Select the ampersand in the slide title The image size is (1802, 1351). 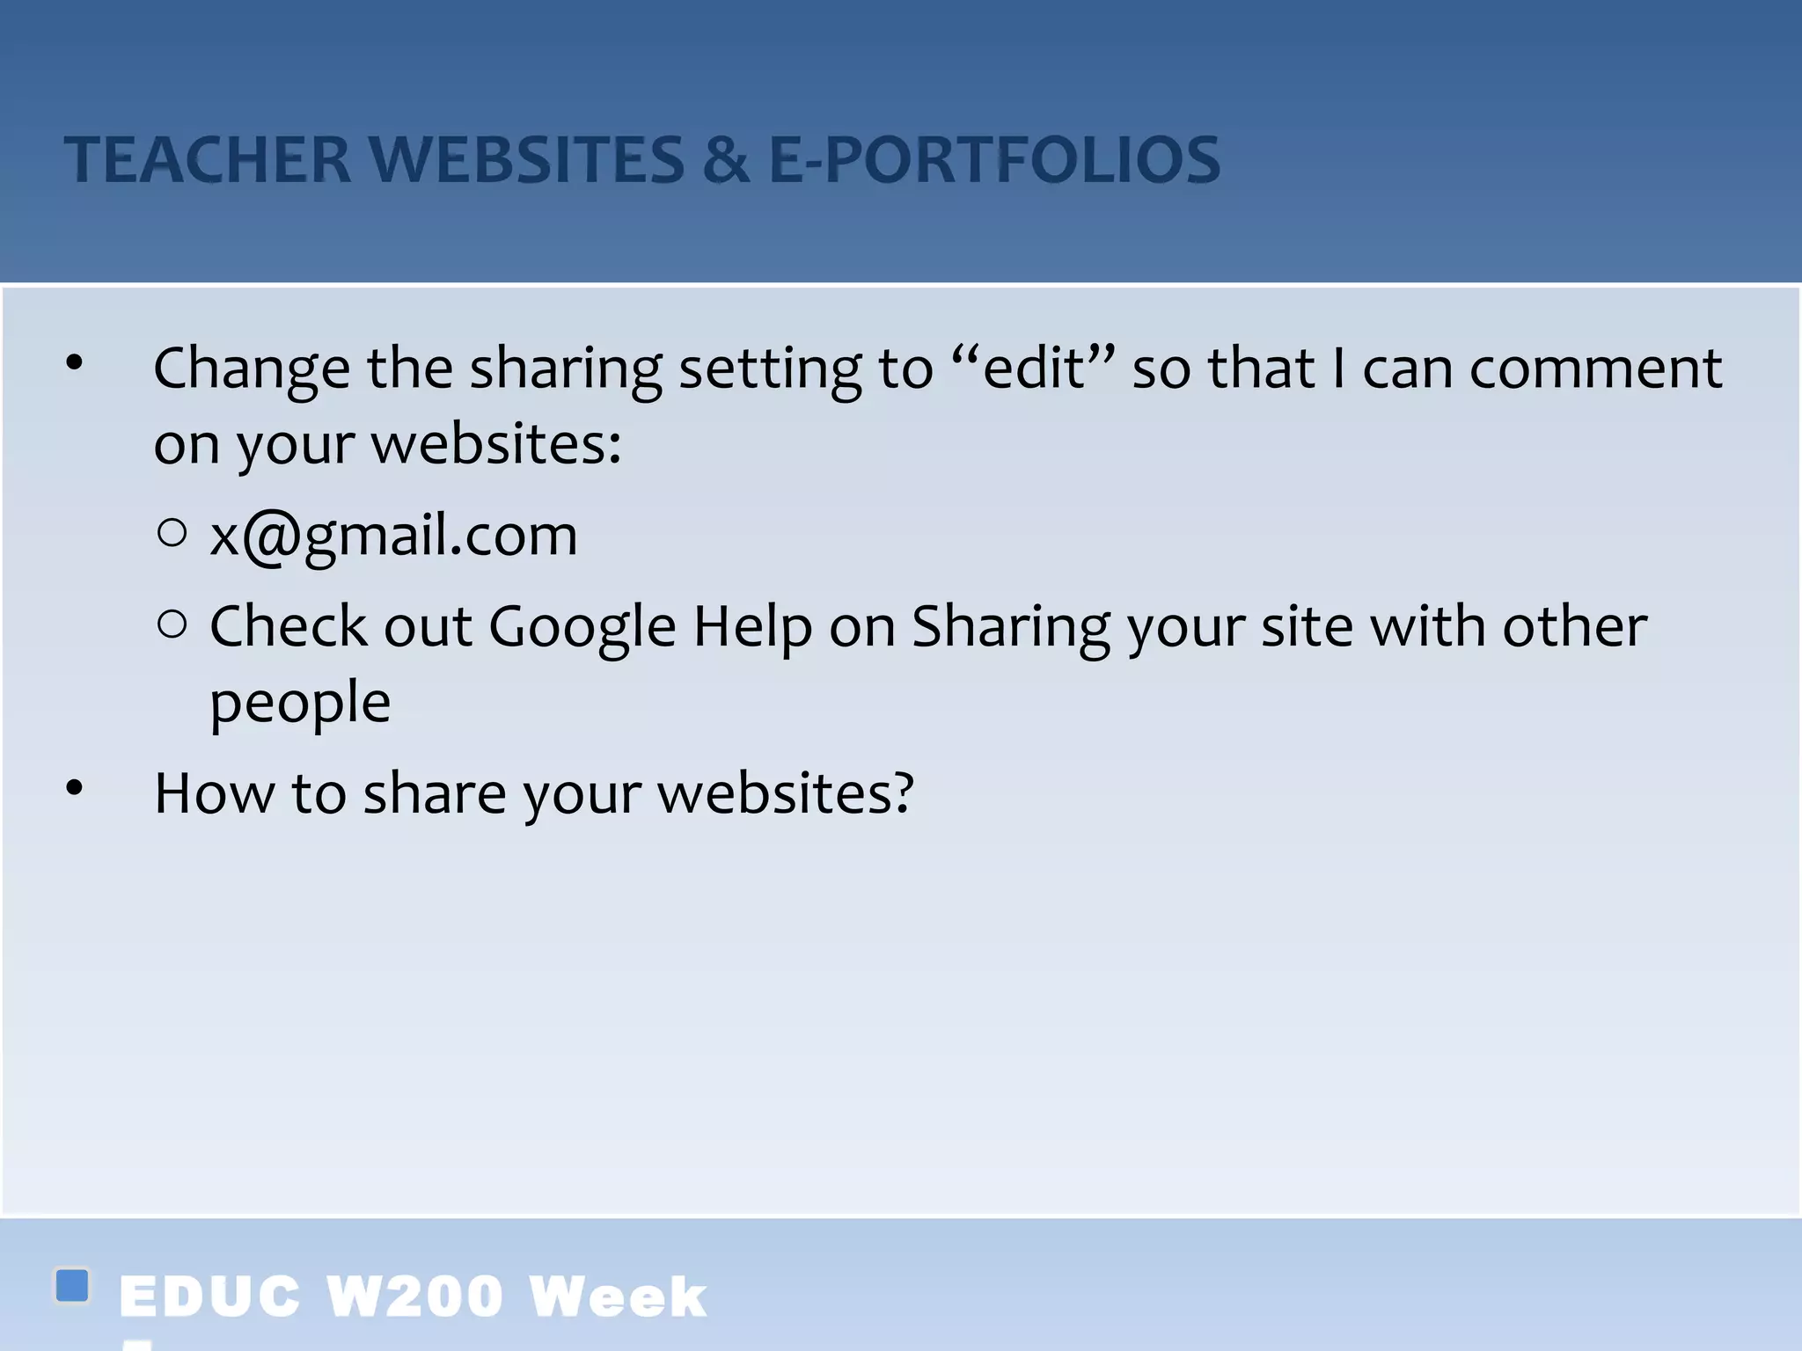[x=726, y=160]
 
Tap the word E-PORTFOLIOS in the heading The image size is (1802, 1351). [x=994, y=160]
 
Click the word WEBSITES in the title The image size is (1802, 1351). [x=525, y=160]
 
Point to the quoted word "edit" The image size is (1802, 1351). [x=1034, y=368]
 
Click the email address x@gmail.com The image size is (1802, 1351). [x=393, y=535]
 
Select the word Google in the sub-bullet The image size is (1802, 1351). [x=582, y=627]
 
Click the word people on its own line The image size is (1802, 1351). [x=300, y=703]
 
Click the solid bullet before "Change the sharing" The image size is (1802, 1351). [x=75, y=362]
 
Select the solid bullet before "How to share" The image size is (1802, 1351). [x=75, y=788]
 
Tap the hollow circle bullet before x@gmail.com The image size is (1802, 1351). [x=172, y=533]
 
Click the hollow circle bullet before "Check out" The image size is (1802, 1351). [x=172, y=624]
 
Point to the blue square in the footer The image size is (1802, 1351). [x=72, y=1285]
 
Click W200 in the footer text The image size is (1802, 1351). [x=414, y=1296]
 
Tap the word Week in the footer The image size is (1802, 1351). [x=618, y=1296]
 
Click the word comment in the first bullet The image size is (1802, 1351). [x=1595, y=368]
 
